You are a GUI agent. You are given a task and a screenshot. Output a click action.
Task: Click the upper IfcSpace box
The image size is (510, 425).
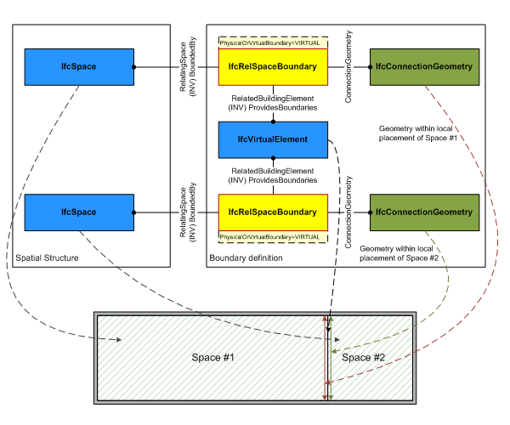click(x=79, y=67)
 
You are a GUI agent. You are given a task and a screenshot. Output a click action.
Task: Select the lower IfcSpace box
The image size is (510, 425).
click(x=79, y=212)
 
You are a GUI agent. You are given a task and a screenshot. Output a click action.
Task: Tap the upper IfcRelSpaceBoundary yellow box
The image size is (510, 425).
click(x=273, y=66)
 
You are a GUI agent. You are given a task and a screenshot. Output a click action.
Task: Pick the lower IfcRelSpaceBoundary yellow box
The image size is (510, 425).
click(x=273, y=212)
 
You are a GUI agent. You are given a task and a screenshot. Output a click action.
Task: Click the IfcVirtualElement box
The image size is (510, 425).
click(x=273, y=139)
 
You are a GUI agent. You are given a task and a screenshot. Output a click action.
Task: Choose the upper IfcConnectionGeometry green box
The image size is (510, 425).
click(x=423, y=66)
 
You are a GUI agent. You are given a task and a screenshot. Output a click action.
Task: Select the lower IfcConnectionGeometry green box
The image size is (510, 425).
click(x=423, y=212)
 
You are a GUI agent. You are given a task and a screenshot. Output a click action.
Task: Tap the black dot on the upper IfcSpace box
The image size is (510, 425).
click(x=134, y=66)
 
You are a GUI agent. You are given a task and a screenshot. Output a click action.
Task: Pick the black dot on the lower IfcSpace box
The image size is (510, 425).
click(x=134, y=212)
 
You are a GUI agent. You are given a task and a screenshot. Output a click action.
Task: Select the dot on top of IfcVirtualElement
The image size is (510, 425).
click(x=273, y=122)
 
